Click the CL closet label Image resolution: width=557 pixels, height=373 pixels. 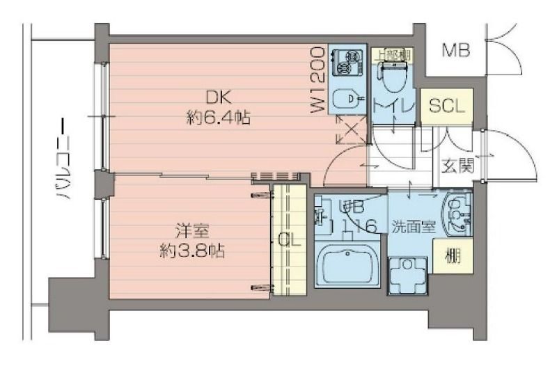click(x=288, y=239)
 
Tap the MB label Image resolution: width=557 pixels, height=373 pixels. click(x=456, y=50)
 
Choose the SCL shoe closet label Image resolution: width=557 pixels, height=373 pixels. click(x=446, y=106)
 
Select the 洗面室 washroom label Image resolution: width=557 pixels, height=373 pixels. click(x=411, y=226)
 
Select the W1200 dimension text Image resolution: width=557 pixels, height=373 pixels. click(x=317, y=80)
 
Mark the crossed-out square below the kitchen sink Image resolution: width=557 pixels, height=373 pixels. click(x=350, y=129)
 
